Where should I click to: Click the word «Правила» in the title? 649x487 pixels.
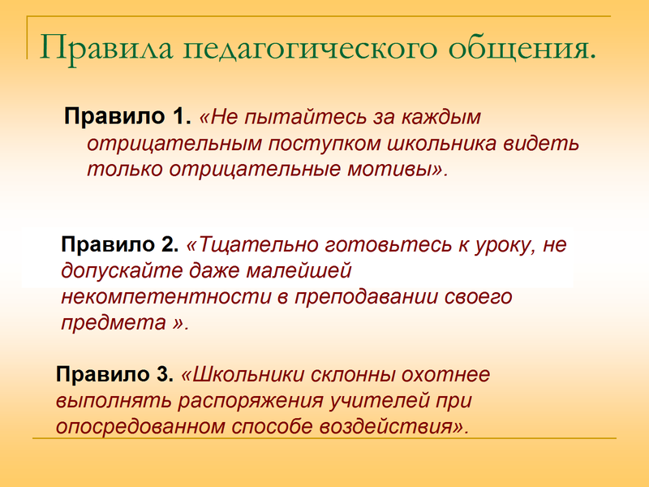(106, 48)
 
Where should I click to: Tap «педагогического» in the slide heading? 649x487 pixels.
(311, 49)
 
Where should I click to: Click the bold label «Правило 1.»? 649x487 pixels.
(127, 116)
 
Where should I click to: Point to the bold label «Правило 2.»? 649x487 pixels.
(119, 244)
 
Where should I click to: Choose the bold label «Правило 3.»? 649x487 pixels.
(114, 374)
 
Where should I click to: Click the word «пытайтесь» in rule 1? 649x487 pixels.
(306, 117)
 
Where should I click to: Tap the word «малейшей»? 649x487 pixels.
(299, 271)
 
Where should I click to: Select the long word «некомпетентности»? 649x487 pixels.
(166, 297)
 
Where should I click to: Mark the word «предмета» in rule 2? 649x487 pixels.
(114, 322)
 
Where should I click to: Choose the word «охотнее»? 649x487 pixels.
(445, 375)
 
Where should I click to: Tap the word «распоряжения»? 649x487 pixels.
(251, 401)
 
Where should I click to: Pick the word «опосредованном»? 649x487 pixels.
(140, 427)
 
